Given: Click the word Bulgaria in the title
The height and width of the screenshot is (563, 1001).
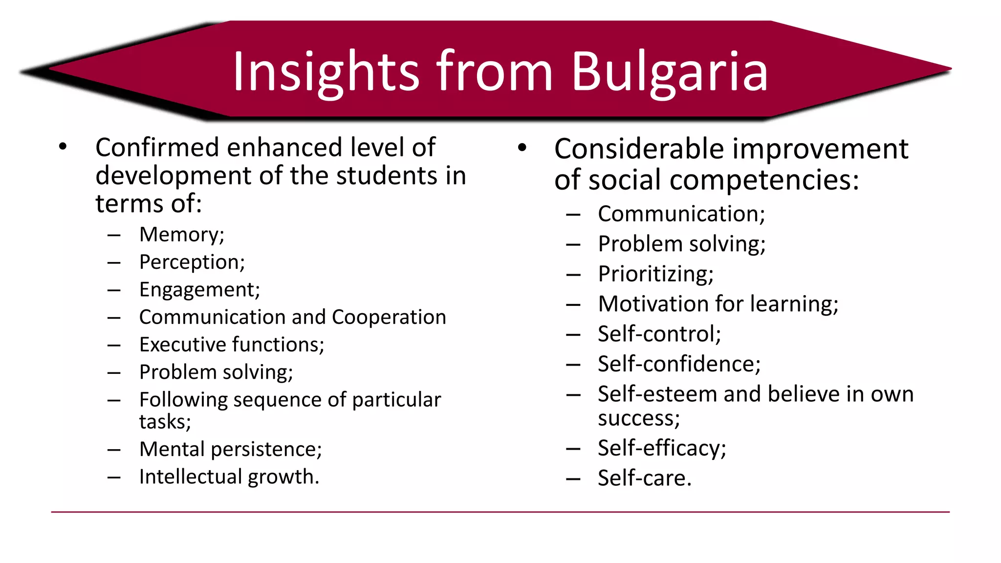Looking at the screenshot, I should (669, 72).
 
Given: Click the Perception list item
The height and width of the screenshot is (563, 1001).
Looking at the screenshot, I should (192, 262).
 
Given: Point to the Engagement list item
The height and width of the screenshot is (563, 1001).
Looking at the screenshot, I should (199, 290).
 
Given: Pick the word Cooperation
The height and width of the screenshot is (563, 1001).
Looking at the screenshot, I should (389, 317).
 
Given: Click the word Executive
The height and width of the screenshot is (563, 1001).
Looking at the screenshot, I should (182, 345).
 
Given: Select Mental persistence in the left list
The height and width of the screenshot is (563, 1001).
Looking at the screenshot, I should (230, 449).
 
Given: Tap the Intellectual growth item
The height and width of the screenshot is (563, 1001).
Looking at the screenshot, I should (229, 476).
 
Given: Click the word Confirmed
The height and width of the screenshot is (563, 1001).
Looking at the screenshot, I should (157, 148).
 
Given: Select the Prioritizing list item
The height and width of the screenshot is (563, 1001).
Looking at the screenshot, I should (655, 274).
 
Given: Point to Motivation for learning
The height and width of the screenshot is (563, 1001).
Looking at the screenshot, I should (718, 304).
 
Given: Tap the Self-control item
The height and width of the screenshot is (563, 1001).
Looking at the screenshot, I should (659, 334).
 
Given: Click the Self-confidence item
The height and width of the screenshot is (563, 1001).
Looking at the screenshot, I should (679, 364).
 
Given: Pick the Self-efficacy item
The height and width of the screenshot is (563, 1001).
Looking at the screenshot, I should (662, 448).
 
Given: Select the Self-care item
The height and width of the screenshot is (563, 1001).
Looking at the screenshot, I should (645, 478).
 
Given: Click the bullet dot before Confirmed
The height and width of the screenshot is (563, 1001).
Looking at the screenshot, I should (63, 147).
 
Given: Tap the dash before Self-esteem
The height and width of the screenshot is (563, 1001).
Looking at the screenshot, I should (573, 394).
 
